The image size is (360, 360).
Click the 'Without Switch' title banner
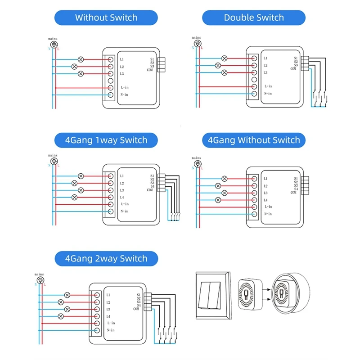(106, 18)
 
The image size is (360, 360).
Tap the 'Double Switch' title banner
(254, 18)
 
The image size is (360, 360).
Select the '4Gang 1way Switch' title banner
(106, 140)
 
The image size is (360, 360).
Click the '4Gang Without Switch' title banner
(254, 140)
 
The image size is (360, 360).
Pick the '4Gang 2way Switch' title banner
(106, 259)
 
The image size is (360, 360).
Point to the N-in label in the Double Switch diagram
(269, 94)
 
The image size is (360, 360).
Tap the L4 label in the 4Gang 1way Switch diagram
(122, 197)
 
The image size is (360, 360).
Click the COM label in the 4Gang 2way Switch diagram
(136, 309)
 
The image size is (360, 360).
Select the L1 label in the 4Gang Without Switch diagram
(265, 179)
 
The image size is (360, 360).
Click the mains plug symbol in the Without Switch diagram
(54, 44)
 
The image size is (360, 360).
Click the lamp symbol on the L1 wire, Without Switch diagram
(81, 59)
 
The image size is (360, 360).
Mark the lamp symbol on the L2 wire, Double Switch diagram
(218, 65)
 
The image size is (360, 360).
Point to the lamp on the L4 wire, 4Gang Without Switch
(218, 200)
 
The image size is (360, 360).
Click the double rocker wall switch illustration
(211, 295)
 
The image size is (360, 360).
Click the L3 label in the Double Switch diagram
(265, 72)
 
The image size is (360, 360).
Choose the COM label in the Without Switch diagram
(149, 70)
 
